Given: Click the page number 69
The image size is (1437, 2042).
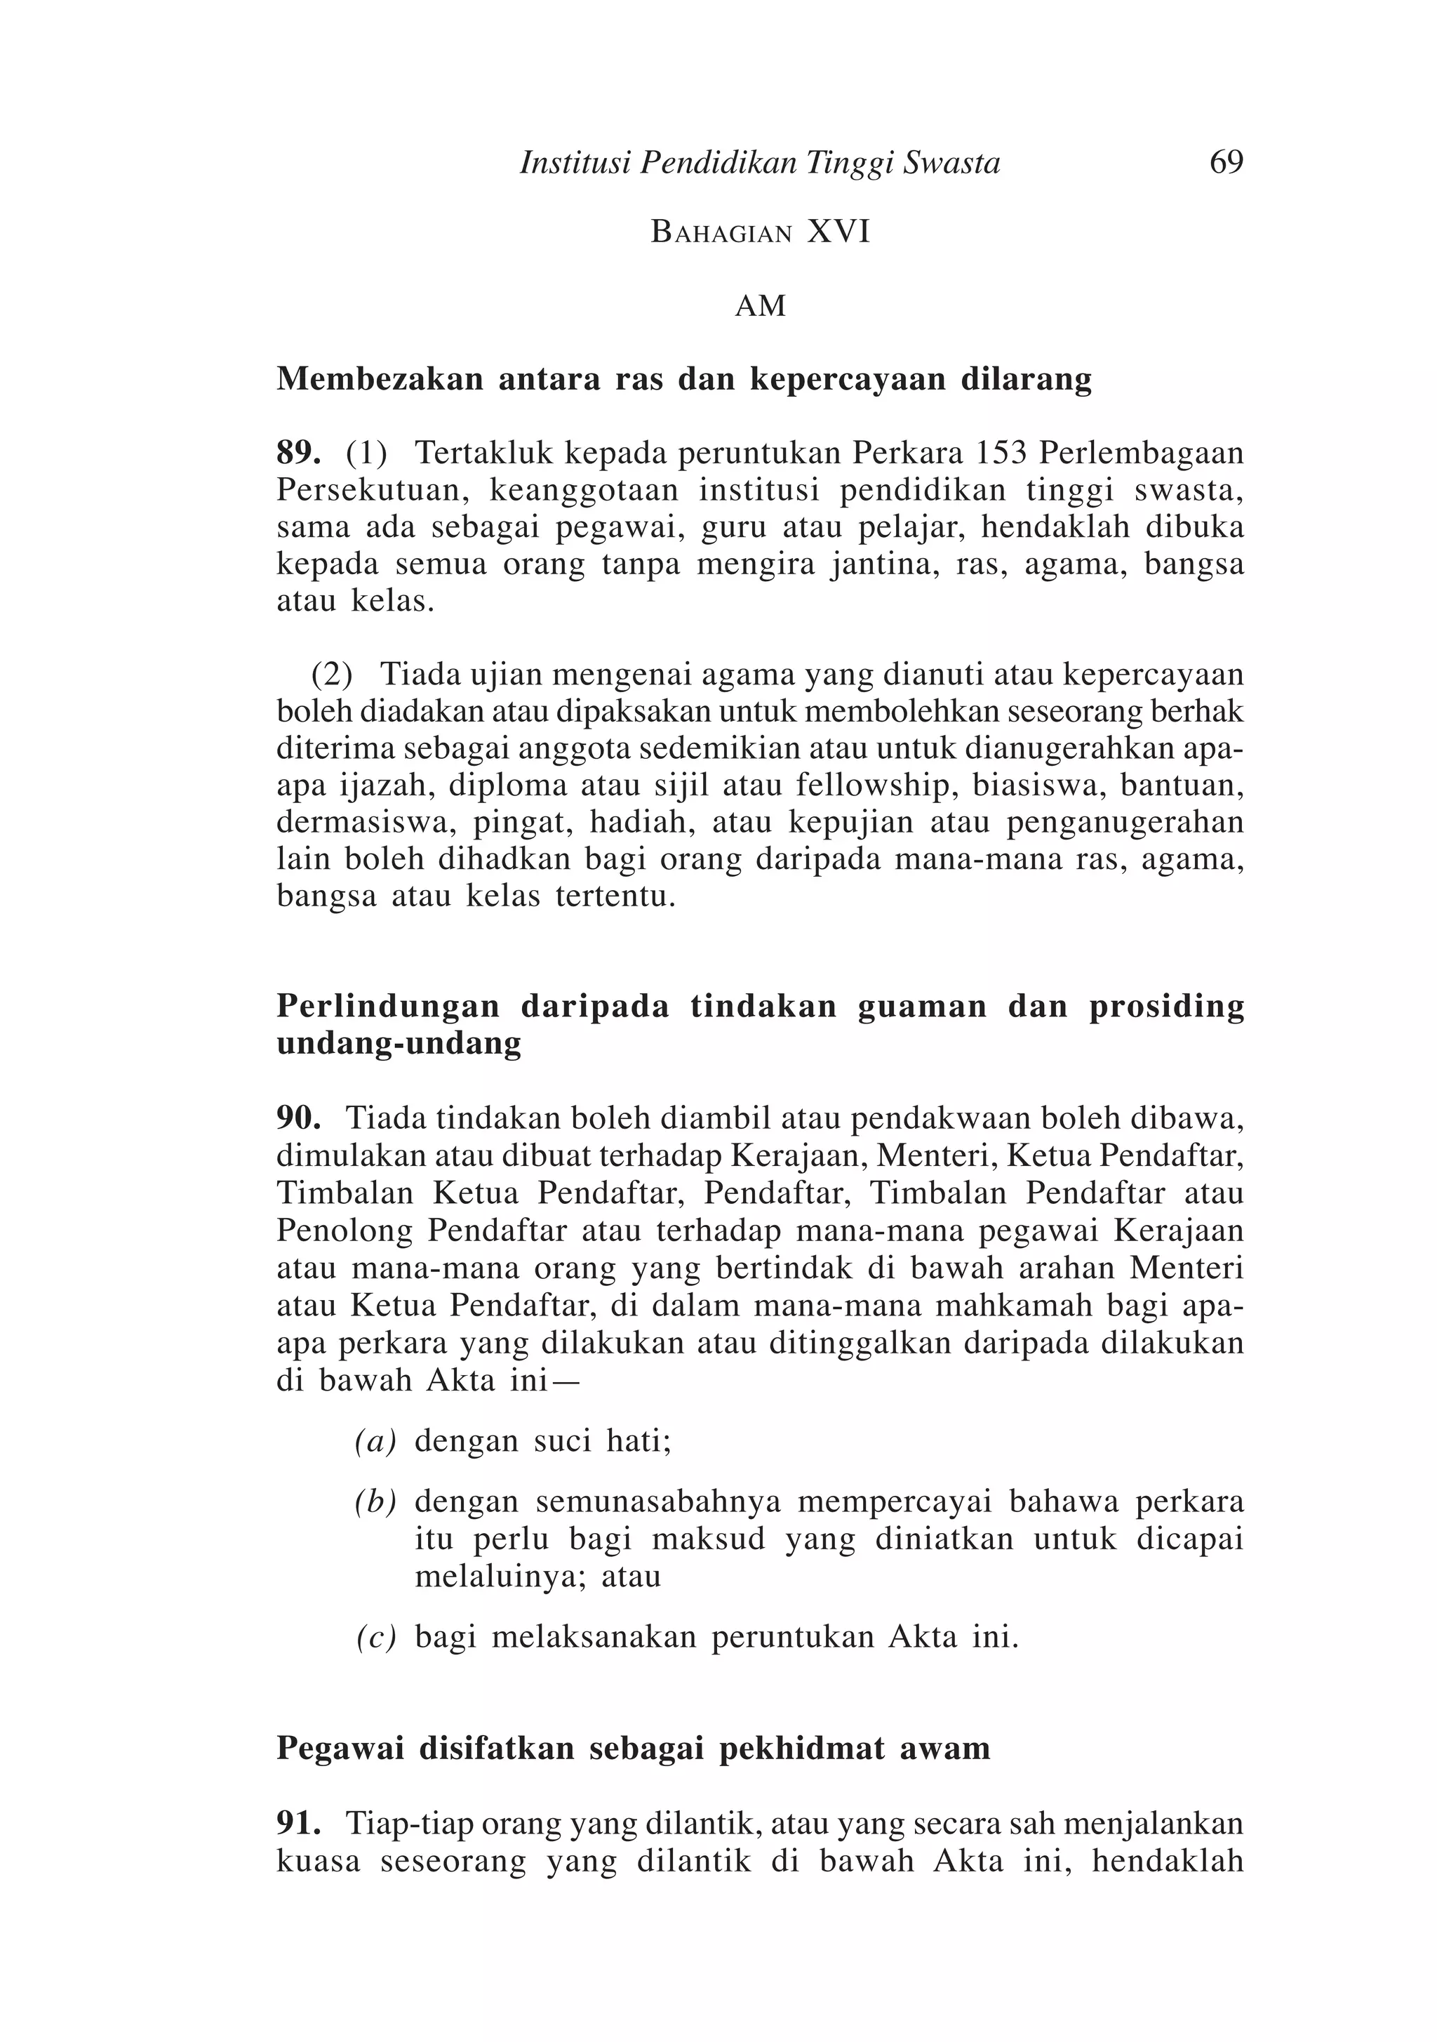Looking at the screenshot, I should coord(1225,163).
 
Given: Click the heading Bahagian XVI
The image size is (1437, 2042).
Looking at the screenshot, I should coord(761,232).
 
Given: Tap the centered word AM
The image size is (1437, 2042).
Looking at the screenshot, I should coord(761,307).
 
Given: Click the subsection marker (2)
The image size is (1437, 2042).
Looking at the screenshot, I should coord(332,675).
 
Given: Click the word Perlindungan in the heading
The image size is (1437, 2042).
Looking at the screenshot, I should coord(388,1007).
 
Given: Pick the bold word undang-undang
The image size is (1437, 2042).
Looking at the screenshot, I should coord(399,1043).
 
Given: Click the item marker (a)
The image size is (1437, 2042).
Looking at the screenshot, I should coord(375,1442).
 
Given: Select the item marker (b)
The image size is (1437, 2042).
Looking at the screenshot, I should coord(375,1502).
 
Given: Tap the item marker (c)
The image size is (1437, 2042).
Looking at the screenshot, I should coord(375,1638).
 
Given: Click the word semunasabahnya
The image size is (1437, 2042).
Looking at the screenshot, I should coord(658,1502).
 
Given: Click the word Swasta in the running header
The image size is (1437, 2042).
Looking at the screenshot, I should coord(951,164).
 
